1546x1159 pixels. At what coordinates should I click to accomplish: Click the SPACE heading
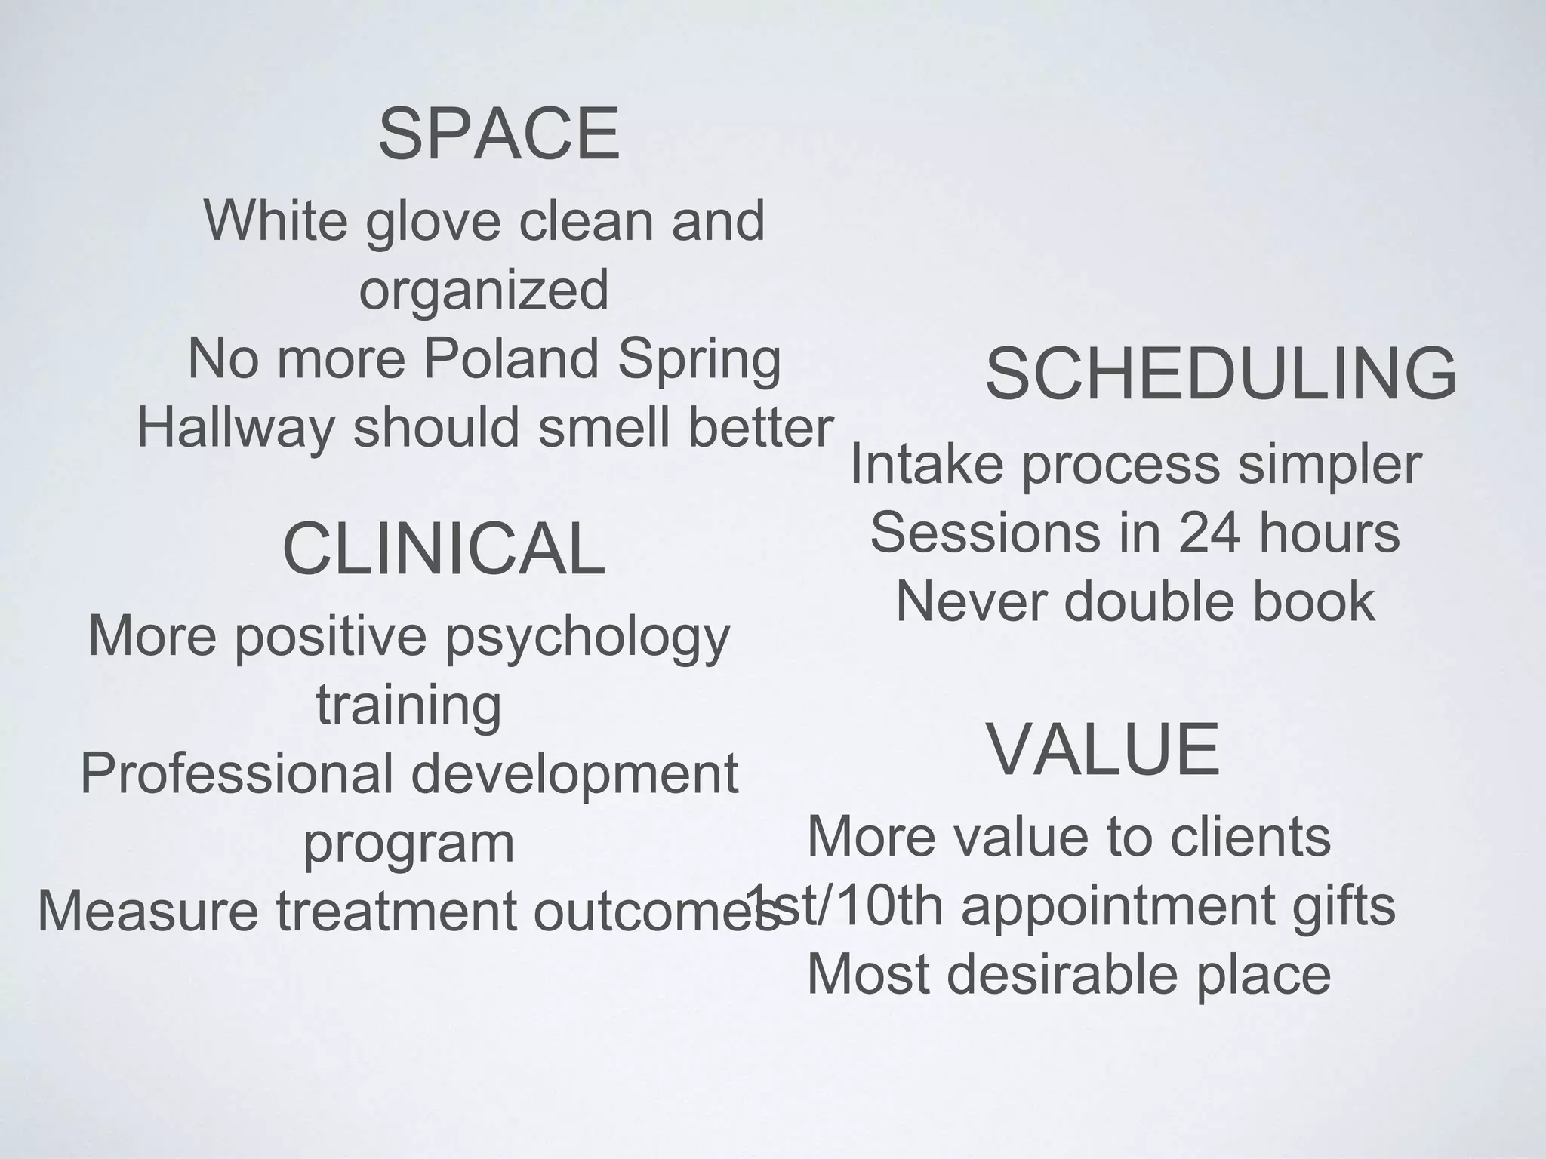499,134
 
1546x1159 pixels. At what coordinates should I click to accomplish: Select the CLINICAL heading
443,549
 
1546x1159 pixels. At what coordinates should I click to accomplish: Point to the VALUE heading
1103,749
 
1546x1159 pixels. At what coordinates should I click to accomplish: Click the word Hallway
236,428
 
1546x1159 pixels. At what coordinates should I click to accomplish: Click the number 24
1209,533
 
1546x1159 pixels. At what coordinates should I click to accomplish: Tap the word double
1150,601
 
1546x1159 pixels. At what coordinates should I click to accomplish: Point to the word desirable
1062,974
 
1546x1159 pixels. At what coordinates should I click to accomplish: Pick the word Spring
699,359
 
